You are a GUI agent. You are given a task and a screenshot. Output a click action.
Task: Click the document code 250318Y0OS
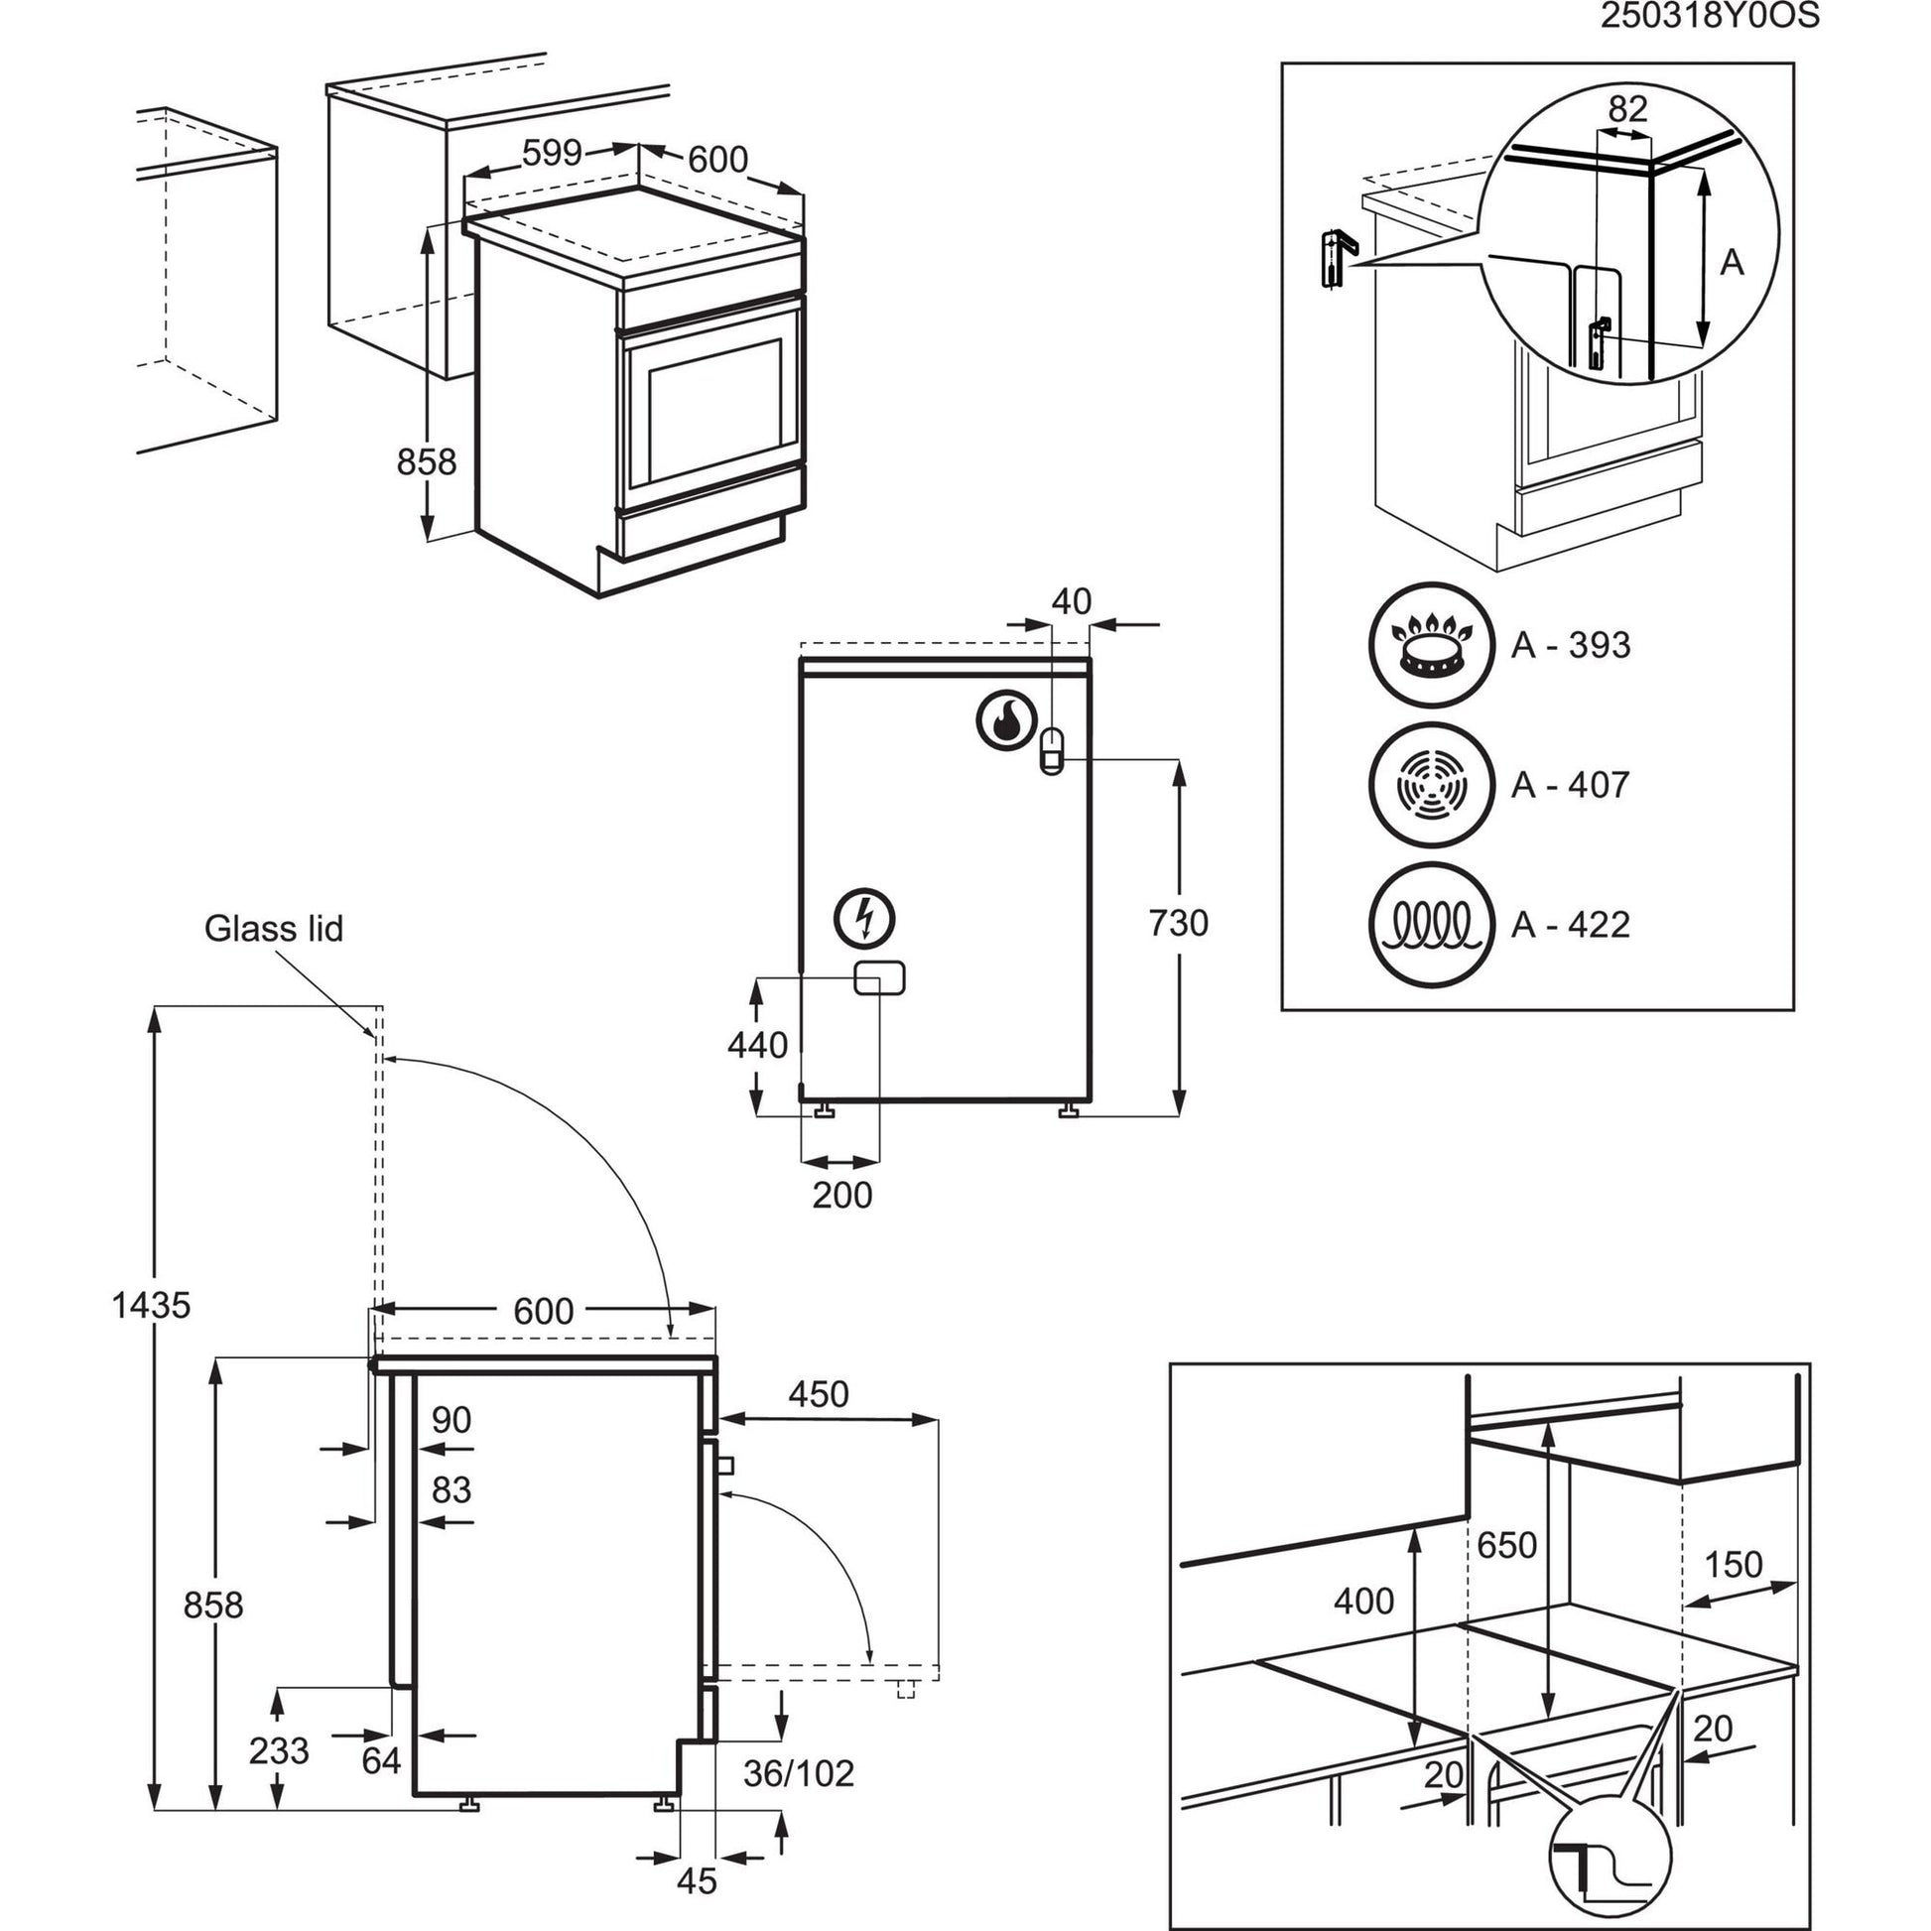click(1709, 17)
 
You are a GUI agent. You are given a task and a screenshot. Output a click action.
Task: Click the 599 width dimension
click(552, 153)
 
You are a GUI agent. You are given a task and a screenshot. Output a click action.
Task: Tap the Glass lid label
click(273, 929)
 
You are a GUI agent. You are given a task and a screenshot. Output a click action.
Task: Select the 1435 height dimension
click(150, 1304)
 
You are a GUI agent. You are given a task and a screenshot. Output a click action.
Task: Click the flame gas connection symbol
click(1004, 718)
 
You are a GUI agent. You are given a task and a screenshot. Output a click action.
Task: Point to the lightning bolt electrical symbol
click(865, 918)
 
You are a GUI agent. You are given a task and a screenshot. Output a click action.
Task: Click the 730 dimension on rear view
click(1179, 923)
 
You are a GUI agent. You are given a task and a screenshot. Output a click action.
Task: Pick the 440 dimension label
click(757, 1045)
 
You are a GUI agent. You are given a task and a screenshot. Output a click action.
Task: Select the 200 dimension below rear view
click(841, 1196)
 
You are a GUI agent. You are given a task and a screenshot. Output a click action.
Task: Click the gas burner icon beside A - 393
click(1431, 645)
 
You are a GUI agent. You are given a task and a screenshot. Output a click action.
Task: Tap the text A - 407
click(1570, 785)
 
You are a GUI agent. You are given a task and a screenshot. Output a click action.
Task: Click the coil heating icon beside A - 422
click(1431, 925)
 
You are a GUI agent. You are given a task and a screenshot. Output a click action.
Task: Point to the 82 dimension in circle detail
click(1627, 108)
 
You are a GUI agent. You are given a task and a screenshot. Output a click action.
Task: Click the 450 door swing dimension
click(819, 1394)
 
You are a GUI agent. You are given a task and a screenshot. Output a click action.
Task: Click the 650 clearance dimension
click(1506, 1545)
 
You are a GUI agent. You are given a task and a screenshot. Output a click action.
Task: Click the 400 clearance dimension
click(1363, 1602)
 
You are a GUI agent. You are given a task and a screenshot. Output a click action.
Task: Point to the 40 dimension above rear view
click(1072, 601)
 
